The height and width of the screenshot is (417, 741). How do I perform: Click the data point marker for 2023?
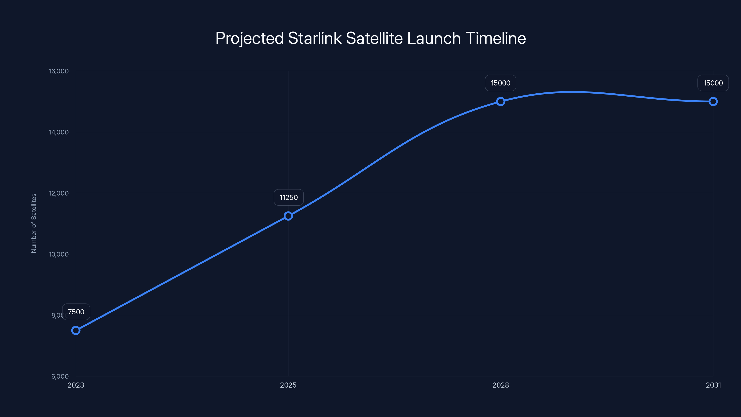pos(76,330)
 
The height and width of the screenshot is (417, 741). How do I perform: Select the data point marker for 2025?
pos(288,216)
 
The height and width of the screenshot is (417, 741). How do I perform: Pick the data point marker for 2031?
pos(713,102)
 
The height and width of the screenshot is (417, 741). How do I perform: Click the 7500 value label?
pos(76,312)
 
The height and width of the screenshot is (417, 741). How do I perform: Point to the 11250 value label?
pos(289,197)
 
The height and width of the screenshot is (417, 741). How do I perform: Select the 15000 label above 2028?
pos(500,83)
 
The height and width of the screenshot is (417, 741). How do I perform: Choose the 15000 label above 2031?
pos(713,83)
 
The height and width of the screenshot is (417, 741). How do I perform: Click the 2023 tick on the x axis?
pos(76,385)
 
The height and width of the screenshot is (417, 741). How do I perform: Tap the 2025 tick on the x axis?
pos(288,385)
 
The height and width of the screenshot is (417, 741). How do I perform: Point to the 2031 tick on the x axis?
pos(713,385)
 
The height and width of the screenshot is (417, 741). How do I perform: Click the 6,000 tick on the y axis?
pos(60,376)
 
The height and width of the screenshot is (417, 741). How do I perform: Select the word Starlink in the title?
pos(315,38)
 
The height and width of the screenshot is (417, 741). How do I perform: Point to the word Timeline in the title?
pos(496,38)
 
